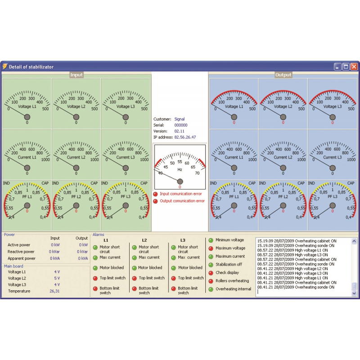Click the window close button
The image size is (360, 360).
(354, 67)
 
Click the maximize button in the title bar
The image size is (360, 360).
(346, 67)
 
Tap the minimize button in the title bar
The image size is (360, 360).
(337, 67)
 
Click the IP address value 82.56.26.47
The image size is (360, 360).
(185, 137)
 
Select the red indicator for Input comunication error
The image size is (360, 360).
(155, 194)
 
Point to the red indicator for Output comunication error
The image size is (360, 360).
(155, 201)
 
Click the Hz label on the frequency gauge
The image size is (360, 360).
(180, 170)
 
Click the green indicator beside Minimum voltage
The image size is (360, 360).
(211, 240)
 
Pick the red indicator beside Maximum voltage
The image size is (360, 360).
(211, 248)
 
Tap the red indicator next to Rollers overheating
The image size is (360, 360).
(211, 281)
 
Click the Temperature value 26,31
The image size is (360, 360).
(54, 291)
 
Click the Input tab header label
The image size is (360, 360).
(76, 75)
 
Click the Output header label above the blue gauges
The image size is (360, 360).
(283, 75)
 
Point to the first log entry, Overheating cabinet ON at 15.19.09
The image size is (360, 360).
(297, 241)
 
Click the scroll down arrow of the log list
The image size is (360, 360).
(354, 293)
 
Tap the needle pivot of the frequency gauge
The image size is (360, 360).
(180, 181)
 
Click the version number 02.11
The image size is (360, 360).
(179, 131)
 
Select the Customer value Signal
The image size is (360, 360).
(179, 119)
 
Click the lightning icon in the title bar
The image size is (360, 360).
(5, 66)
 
